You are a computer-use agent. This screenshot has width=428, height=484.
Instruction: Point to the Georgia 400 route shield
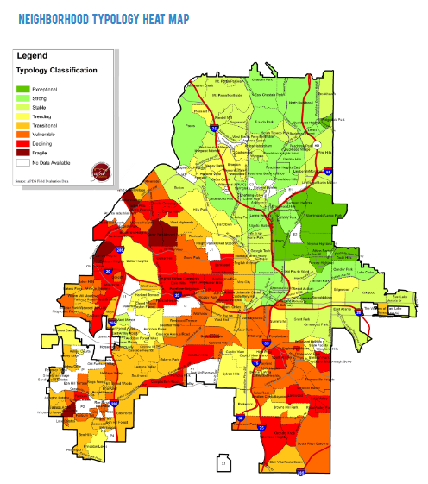(317, 144)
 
